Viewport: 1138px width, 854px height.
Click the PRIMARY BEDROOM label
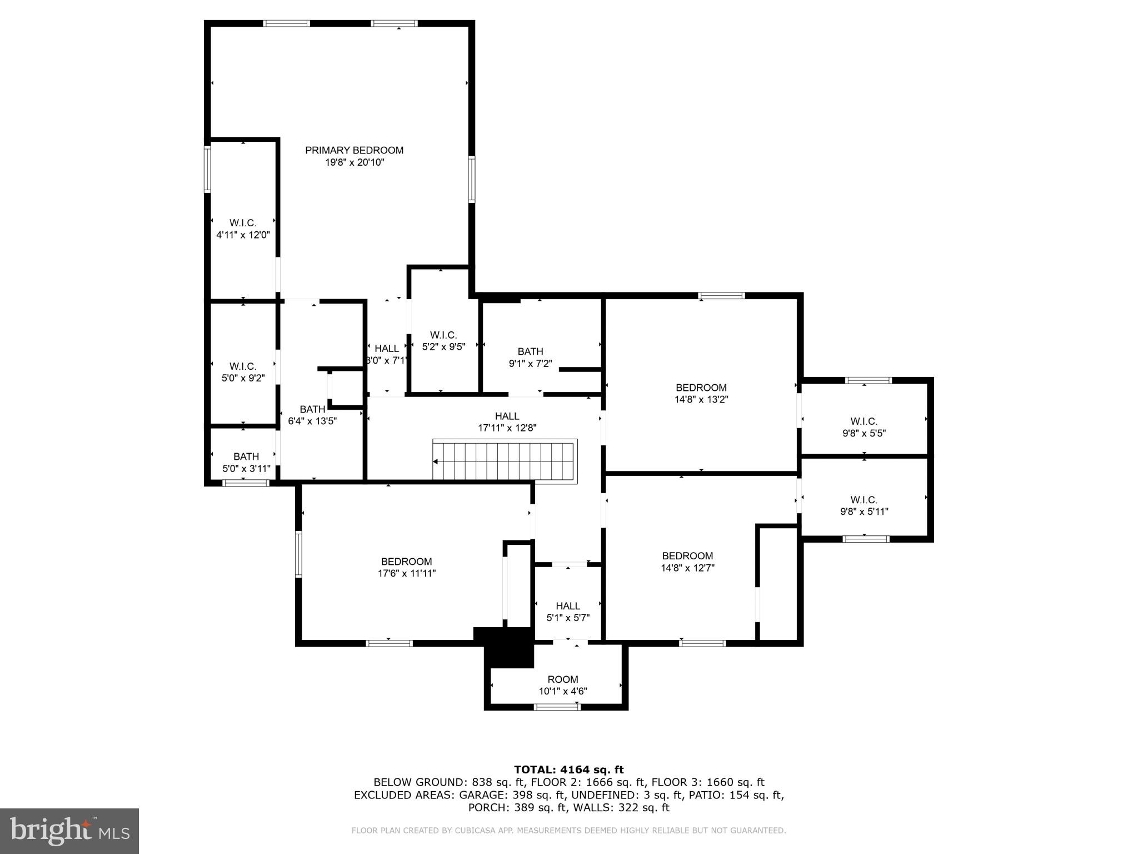click(354, 150)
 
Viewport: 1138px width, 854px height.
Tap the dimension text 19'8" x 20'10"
click(354, 162)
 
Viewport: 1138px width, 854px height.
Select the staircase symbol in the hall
click(504, 461)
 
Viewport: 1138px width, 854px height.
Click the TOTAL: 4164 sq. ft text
click(568, 769)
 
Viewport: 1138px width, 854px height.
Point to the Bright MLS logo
click(69, 831)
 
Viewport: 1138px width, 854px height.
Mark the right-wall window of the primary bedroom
click(472, 179)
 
